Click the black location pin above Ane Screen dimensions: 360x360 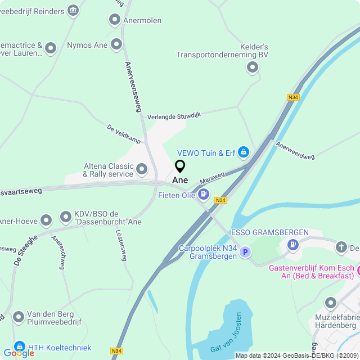[180, 166]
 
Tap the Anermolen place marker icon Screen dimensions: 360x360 [115, 20]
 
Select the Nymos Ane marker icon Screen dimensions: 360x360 [116, 44]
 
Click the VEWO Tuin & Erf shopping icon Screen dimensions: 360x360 [243, 152]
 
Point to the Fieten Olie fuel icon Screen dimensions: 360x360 [203, 195]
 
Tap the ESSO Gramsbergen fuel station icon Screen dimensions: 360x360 [292, 245]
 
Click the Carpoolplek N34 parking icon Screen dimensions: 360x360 [245, 253]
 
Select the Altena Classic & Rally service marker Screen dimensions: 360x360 [142, 169]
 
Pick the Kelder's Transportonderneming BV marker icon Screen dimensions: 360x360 [253, 68]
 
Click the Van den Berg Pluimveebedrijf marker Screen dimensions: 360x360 [19, 317]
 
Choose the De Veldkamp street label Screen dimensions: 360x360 [124, 133]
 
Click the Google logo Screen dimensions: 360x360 [19, 353]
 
